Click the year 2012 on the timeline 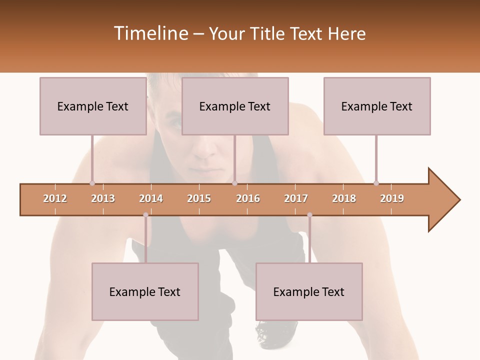pyautogui.click(x=55, y=198)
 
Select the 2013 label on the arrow pyautogui.click(x=103, y=198)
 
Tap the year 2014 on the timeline pyautogui.click(x=151, y=198)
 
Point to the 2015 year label pyautogui.click(x=199, y=198)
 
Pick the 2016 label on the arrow pyautogui.click(x=248, y=198)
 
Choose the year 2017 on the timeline pyautogui.click(x=296, y=198)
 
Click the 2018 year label pyautogui.click(x=344, y=198)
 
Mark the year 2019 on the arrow pyautogui.click(x=392, y=198)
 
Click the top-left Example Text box pyautogui.click(x=93, y=106)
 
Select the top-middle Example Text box pyautogui.click(x=235, y=106)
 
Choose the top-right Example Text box pyautogui.click(x=377, y=106)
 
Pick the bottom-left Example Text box pyautogui.click(x=145, y=291)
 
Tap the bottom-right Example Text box pyautogui.click(x=309, y=291)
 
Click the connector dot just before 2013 pyautogui.click(x=92, y=183)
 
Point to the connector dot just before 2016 pyautogui.click(x=235, y=183)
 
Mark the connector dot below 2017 pyautogui.click(x=309, y=215)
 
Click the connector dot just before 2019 pyautogui.click(x=376, y=183)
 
